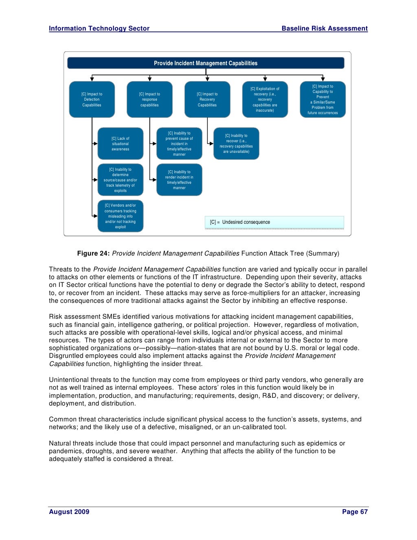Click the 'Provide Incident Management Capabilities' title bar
(x=206, y=63)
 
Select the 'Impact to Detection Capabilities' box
(x=92, y=99)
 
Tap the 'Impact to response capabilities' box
(x=149, y=99)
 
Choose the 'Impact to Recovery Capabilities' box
(x=207, y=99)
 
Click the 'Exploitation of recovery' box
(x=265, y=99)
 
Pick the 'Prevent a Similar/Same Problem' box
(x=323, y=99)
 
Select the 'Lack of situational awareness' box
(x=121, y=143)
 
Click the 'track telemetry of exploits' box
(x=121, y=180)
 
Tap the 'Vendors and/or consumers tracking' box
(x=121, y=216)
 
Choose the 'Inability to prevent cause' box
(x=179, y=143)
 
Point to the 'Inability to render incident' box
(x=179, y=180)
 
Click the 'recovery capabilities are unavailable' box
(x=236, y=143)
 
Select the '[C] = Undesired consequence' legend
(x=274, y=222)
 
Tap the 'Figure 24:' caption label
(x=94, y=253)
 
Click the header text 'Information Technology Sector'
(x=99, y=29)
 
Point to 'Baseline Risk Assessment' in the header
(x=325, y=29)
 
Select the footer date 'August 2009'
(x=69, y=512)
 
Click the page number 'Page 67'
(x=355, y=512)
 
